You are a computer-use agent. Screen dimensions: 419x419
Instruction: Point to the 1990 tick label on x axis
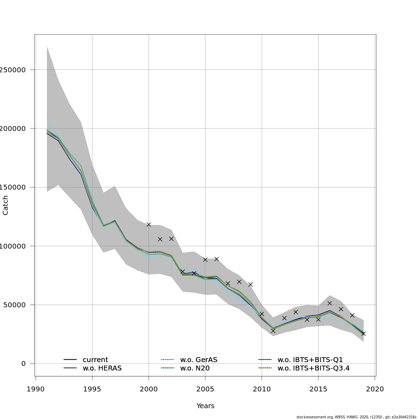[35, 389]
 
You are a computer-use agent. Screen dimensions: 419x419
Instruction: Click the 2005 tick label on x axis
[205, 389]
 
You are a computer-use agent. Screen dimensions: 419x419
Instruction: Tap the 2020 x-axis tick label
[375, 389]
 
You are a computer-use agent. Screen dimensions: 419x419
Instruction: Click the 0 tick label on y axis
[23, 363]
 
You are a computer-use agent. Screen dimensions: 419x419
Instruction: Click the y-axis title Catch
[6, 205]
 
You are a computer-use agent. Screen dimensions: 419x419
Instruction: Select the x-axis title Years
[205, 406]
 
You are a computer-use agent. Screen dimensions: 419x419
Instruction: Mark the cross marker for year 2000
[149, 225]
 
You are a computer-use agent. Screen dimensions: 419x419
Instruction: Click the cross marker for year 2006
[216, 259]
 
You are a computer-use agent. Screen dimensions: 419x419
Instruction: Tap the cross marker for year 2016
[330, 303]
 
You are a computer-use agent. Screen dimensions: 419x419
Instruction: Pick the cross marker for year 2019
[363, 334]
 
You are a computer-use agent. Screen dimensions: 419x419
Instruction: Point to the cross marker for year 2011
[273, 331]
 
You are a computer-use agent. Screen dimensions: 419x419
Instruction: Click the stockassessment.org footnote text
[356, 417]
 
